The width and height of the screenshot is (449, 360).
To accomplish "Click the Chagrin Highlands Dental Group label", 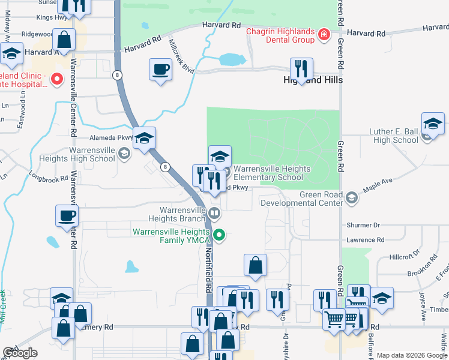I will point(281,35).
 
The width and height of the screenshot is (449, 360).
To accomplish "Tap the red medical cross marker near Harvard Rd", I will point(325,35).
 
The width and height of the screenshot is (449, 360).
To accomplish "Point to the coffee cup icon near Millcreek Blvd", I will point(160,69).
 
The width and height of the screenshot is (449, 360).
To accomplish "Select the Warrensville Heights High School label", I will point(92,154).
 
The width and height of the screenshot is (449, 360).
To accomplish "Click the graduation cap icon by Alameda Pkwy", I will point(144,138).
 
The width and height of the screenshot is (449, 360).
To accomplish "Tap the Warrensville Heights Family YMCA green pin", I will point(220,236).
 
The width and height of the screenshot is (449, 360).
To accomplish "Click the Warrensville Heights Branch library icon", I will point(214,212).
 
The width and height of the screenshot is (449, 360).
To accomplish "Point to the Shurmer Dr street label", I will point(364,225).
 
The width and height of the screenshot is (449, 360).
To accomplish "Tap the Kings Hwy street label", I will point(52,17).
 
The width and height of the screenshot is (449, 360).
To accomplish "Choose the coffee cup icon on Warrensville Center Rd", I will point(66,216).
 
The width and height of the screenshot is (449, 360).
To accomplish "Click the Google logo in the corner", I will point(20,353).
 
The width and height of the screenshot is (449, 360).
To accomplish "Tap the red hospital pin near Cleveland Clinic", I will point(57,79).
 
